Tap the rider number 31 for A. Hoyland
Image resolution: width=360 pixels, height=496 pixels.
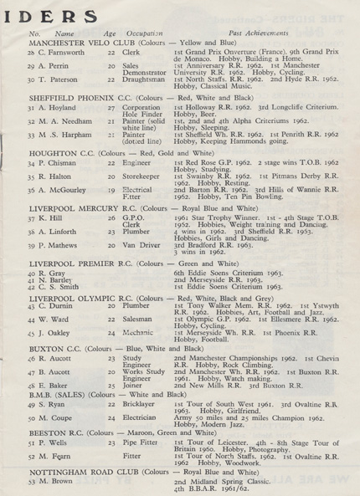point(32,107)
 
